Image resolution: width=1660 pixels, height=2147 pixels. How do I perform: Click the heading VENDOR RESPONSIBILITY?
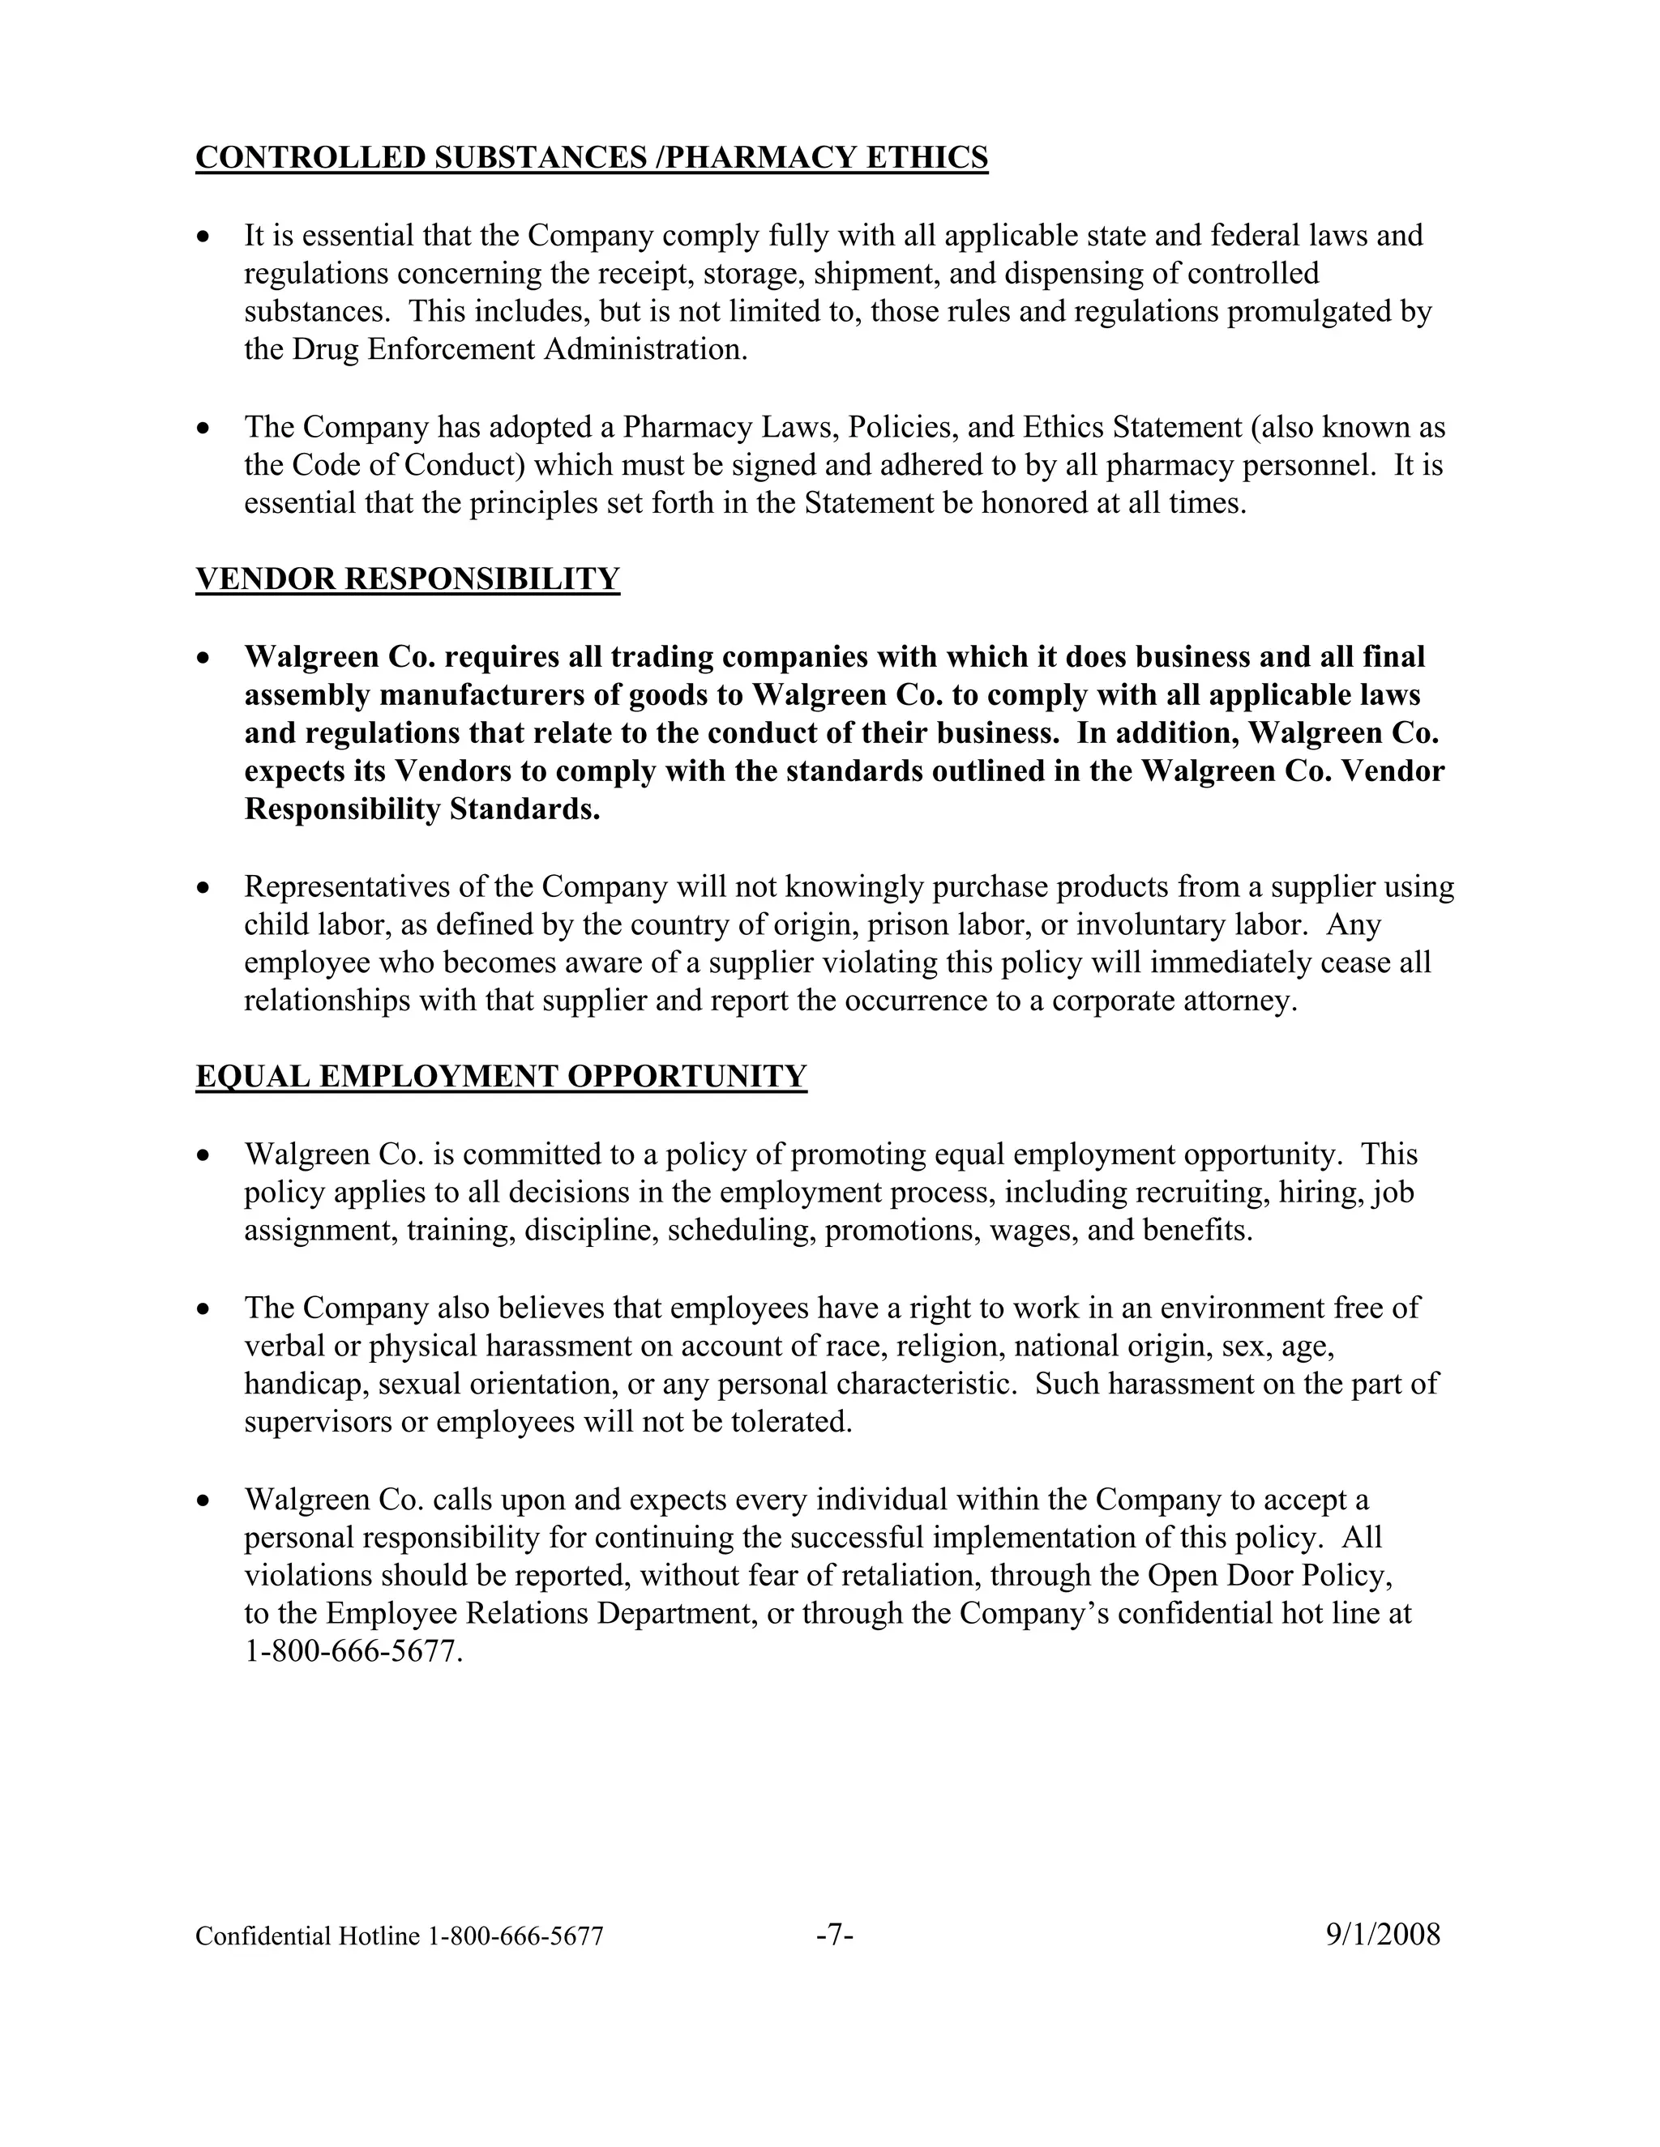[x=407, y=579]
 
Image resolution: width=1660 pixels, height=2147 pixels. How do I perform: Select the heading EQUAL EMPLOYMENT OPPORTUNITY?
[x=501, y=1077]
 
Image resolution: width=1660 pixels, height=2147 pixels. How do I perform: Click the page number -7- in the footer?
[x=834, y=1935]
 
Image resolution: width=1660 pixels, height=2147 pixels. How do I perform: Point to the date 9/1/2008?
[x=1383, y=1935]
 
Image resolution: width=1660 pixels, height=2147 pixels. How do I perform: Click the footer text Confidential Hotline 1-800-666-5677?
[x=400, y=1936]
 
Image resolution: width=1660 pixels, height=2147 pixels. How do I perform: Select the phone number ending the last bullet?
[x=352, y=1651]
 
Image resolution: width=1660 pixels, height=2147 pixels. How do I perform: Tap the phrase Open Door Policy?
[x=1269, y=1575]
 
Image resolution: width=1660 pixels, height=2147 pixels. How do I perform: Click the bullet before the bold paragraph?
[x=203, y=657]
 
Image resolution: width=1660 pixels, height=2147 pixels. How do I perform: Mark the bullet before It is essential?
[x=203, y=236]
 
